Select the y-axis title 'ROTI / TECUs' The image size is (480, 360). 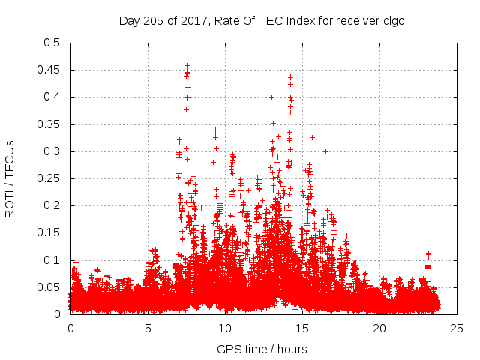tap(10, 178)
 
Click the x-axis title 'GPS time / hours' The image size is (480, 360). tap(263, 349)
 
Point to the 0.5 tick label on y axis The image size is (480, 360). tap(52, 43)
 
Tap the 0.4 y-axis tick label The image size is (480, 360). tap(52, 97)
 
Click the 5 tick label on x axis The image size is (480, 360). tap(148, 328)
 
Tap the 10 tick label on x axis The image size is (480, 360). tap(225, 328)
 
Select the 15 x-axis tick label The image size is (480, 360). tap(302, 328)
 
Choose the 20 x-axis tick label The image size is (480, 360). tap(379, 328)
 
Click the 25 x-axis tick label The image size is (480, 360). tap(457, 328)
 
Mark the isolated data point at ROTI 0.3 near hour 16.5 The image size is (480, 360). tap(325, 151)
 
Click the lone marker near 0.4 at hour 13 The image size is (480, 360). tap(271, 97)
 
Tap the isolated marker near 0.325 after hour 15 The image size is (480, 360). tap(312, 137)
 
